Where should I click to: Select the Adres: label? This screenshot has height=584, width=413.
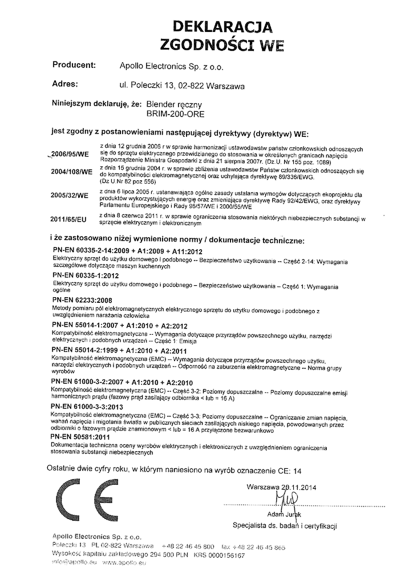[x=64, y=84]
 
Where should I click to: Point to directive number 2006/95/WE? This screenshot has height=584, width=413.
[x=70, y=155]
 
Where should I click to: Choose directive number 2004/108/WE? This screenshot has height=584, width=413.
[x=71, y=172]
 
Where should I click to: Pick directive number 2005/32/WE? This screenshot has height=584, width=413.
[x=70, y=195]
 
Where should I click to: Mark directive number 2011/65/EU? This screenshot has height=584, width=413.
[x=70, y=218]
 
